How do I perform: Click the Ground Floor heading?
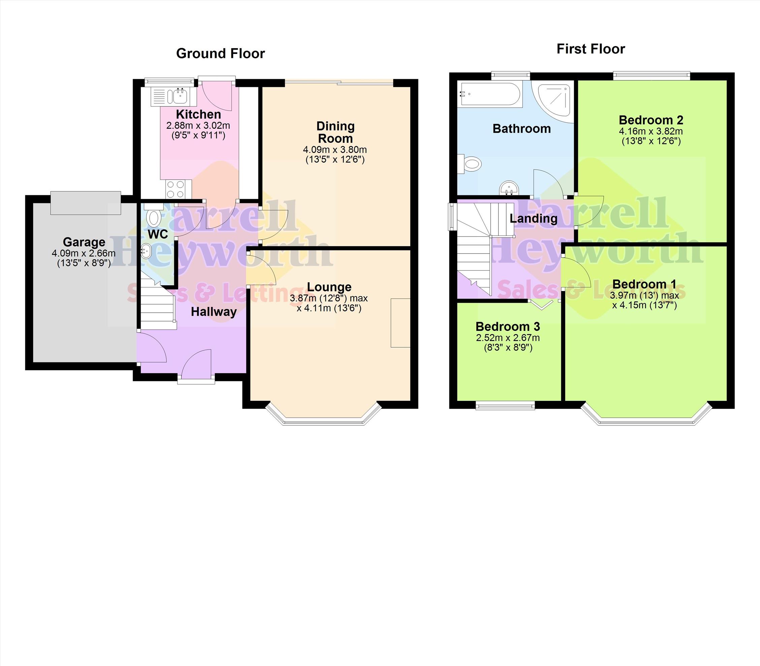coord(220,54)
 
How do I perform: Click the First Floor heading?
coord(591,49)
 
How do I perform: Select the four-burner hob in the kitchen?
coord(176,189)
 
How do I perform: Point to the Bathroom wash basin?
coord(509,188)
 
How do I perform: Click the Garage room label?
coord(84,242)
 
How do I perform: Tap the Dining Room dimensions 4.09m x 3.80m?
coord(335,150)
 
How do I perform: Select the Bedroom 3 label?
coord(508,326)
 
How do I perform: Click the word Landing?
coord(533,219)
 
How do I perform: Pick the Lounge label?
coord(329,287)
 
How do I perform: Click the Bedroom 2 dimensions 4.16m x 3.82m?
coord(651,131)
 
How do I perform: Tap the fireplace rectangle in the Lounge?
coord(400,323)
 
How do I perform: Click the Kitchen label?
coord(198,114)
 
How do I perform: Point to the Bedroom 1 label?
coord(644,284)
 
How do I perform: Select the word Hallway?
coord(214,312)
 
